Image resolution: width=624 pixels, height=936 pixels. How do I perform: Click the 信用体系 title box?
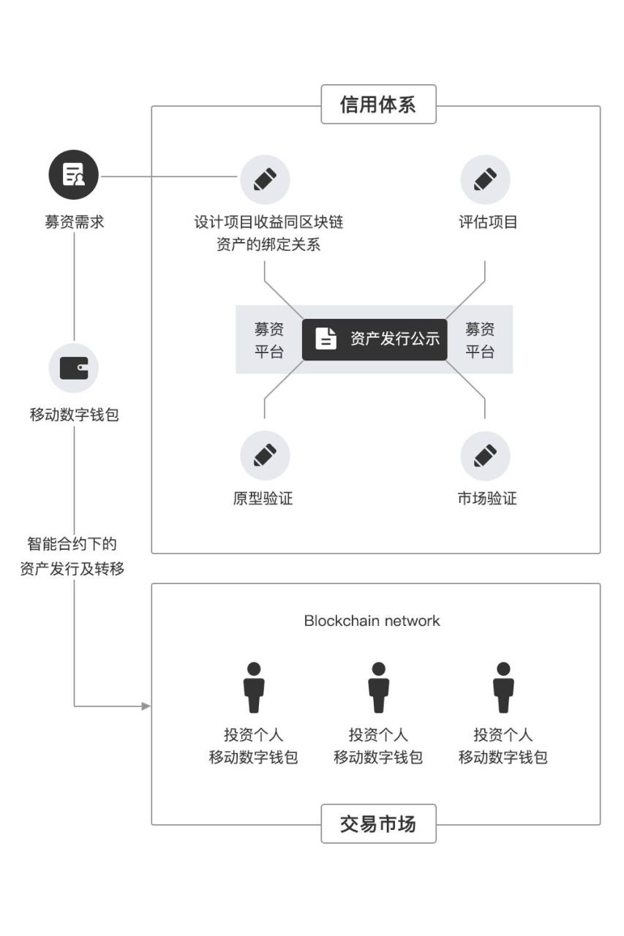[378, 105]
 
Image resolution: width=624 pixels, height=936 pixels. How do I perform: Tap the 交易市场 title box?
[378, 823]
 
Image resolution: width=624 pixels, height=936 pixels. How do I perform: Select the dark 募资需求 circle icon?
[74, 176]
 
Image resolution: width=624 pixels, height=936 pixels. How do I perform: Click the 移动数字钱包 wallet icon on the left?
[74, 367]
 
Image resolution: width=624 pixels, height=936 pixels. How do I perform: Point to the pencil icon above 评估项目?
[485, 179]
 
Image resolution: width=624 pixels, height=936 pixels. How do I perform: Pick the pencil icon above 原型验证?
[265, 456]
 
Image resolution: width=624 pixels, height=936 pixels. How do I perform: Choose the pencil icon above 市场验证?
[485, 456]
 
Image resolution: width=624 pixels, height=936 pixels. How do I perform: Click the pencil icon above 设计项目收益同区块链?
[265, 179]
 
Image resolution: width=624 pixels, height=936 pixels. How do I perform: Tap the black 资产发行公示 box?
[374, 339]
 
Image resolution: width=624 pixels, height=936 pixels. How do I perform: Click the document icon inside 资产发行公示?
[326, 339]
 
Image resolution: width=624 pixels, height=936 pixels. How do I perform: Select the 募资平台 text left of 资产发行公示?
[268, 340]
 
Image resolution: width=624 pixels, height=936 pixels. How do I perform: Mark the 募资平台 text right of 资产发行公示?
[480, 340]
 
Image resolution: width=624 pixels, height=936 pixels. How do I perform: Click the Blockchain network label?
[372, 621]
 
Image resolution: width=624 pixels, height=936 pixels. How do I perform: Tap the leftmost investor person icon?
[253, 687]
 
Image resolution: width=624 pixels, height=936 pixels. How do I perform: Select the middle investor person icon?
[378, 687]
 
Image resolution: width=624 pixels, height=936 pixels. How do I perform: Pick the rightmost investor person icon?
[503, 687]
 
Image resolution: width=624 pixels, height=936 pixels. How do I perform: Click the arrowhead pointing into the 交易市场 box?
[146, 706]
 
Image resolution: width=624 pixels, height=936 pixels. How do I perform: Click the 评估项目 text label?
[488, 222]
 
